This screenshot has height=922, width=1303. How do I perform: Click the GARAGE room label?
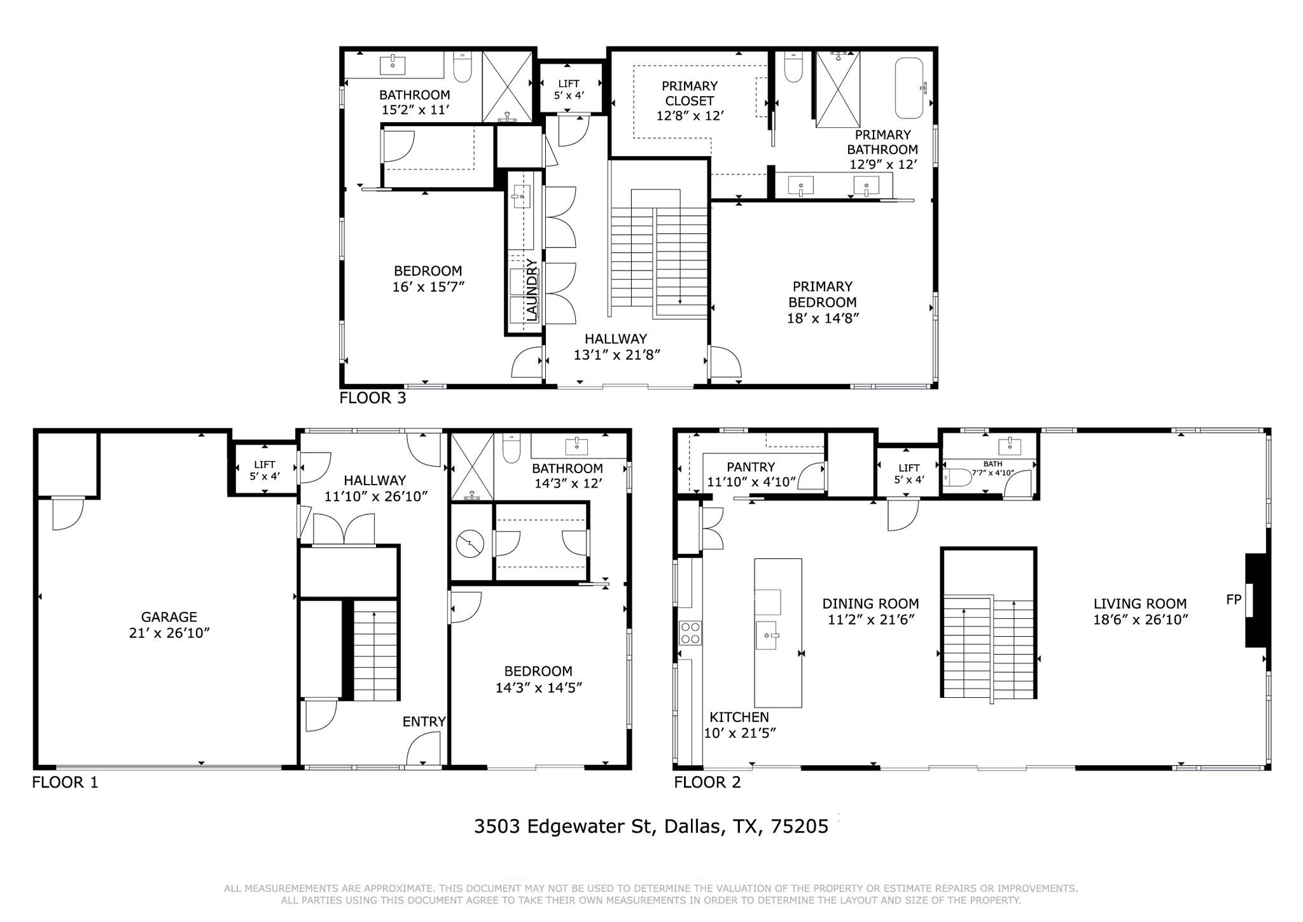[x=169, y=616]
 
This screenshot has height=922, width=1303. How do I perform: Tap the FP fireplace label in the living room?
[x=1234, y=599]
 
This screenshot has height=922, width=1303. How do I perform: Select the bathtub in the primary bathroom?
[x=909, y=89]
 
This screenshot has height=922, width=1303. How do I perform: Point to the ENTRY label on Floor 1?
[x=424, y=721]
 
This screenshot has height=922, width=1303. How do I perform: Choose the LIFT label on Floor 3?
[x=569, y=83]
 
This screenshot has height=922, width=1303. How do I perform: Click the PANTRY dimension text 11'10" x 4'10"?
[x=751, y=482]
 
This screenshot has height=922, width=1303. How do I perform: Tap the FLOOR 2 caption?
[x=707, y=782]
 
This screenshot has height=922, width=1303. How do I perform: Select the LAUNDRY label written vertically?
[x=532, y=290]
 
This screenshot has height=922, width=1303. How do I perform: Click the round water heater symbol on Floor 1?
[x=470, y=544]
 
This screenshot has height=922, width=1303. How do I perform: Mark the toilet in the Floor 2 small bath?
[x=958, y=478]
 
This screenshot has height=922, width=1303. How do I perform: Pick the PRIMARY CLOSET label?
[x=690, y=93]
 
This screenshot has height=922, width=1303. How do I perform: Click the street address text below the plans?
[x=651, y=826]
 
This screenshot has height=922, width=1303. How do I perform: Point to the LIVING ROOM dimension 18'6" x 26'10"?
[x=1141, y=620]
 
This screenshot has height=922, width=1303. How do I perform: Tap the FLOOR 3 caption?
[x=373, y=398]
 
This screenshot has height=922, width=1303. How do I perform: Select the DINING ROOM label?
[x=870, y=604]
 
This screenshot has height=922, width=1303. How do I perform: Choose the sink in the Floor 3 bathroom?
[x=393, y=64]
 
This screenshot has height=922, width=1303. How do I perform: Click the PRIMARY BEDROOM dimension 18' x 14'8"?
[x=823, y=318]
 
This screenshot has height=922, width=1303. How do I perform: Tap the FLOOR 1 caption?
[x=65, y=782]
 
